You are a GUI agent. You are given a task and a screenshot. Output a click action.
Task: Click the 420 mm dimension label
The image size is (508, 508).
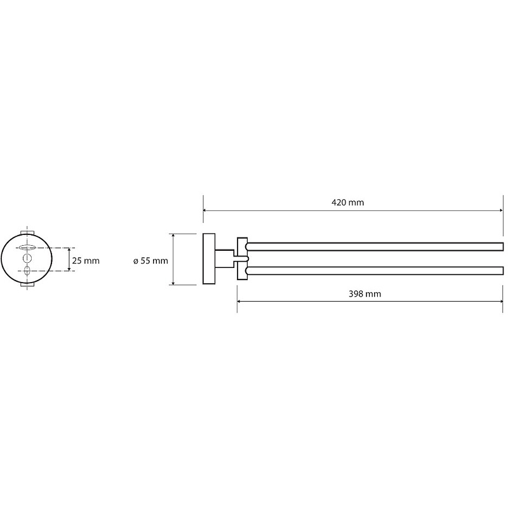click(x=347, y=203)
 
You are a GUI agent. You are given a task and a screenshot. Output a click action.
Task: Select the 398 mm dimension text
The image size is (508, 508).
click(x=364, y=294)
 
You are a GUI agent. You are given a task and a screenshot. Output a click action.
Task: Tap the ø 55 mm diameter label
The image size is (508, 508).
click(x=150, y=261)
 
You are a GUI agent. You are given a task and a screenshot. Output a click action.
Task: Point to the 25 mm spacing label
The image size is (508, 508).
click(x=86, y=260)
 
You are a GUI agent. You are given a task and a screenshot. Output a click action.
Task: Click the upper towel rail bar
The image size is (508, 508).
click(x=375, y=246)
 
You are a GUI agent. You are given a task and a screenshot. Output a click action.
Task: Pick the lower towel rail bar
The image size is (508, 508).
click(x=375, y=271)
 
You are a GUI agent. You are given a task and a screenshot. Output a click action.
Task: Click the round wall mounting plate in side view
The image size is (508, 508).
click(x=209, y=259)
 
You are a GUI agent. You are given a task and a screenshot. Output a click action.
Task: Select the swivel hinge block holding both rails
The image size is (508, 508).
click(x=243, y=258)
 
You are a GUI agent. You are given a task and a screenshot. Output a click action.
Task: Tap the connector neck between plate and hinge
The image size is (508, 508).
click(x=226, y=258)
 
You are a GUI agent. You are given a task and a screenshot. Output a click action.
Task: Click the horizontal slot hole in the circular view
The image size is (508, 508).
click(x=27, y=248)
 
